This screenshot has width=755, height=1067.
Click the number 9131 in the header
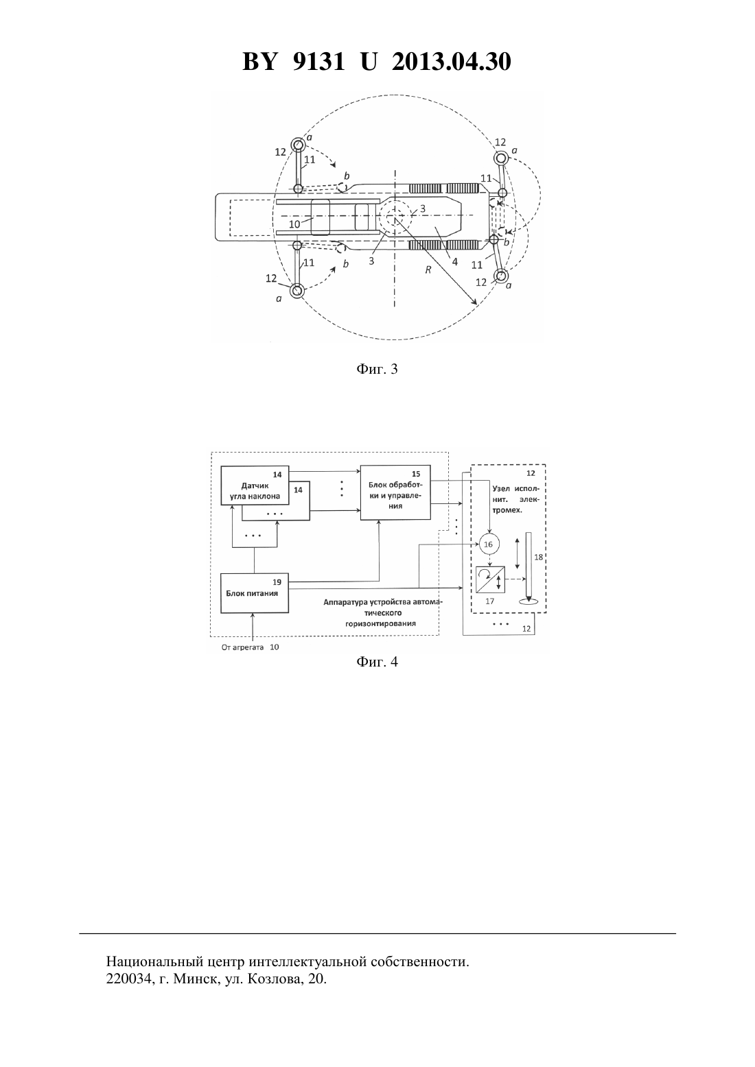[x=318, y=62]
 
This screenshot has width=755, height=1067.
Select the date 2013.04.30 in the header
[x=452, y=62]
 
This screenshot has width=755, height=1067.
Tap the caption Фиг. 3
[x=377, y=369]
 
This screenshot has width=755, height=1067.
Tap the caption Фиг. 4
[x=377, y=662]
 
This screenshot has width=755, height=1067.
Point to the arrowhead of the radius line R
[x=474, y=302]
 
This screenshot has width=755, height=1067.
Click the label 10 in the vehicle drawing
[x=294, y=224]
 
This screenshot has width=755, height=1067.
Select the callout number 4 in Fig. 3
[x=454, y=261]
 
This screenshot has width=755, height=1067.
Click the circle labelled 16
[x=488, y=544]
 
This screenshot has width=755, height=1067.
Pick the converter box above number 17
[x=490, y=579]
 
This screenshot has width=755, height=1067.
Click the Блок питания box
[x=255, y=594]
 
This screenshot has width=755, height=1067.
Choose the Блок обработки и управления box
[x=395, y=492]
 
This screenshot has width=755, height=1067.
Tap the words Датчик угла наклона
[x=255, y=491]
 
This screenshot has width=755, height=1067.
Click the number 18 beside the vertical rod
[x=539, y=557]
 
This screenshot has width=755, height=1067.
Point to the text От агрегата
[x=242, y=647]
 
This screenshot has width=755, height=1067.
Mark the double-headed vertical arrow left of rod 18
[x=517, y=553]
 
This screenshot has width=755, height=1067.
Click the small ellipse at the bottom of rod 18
[x=528, y=602]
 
